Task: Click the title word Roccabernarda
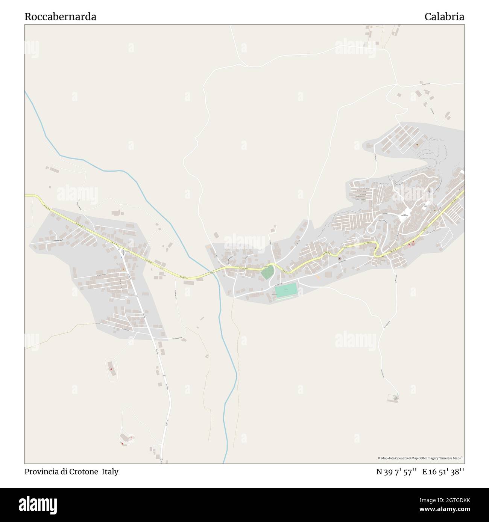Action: pos(60,17)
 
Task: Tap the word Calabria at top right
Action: pos(444,17)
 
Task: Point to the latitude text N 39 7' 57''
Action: pos(396,472)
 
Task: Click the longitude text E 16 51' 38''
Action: pos(443,472)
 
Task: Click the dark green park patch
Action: pos(267,274)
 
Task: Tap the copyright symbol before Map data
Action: pos(379,458)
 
